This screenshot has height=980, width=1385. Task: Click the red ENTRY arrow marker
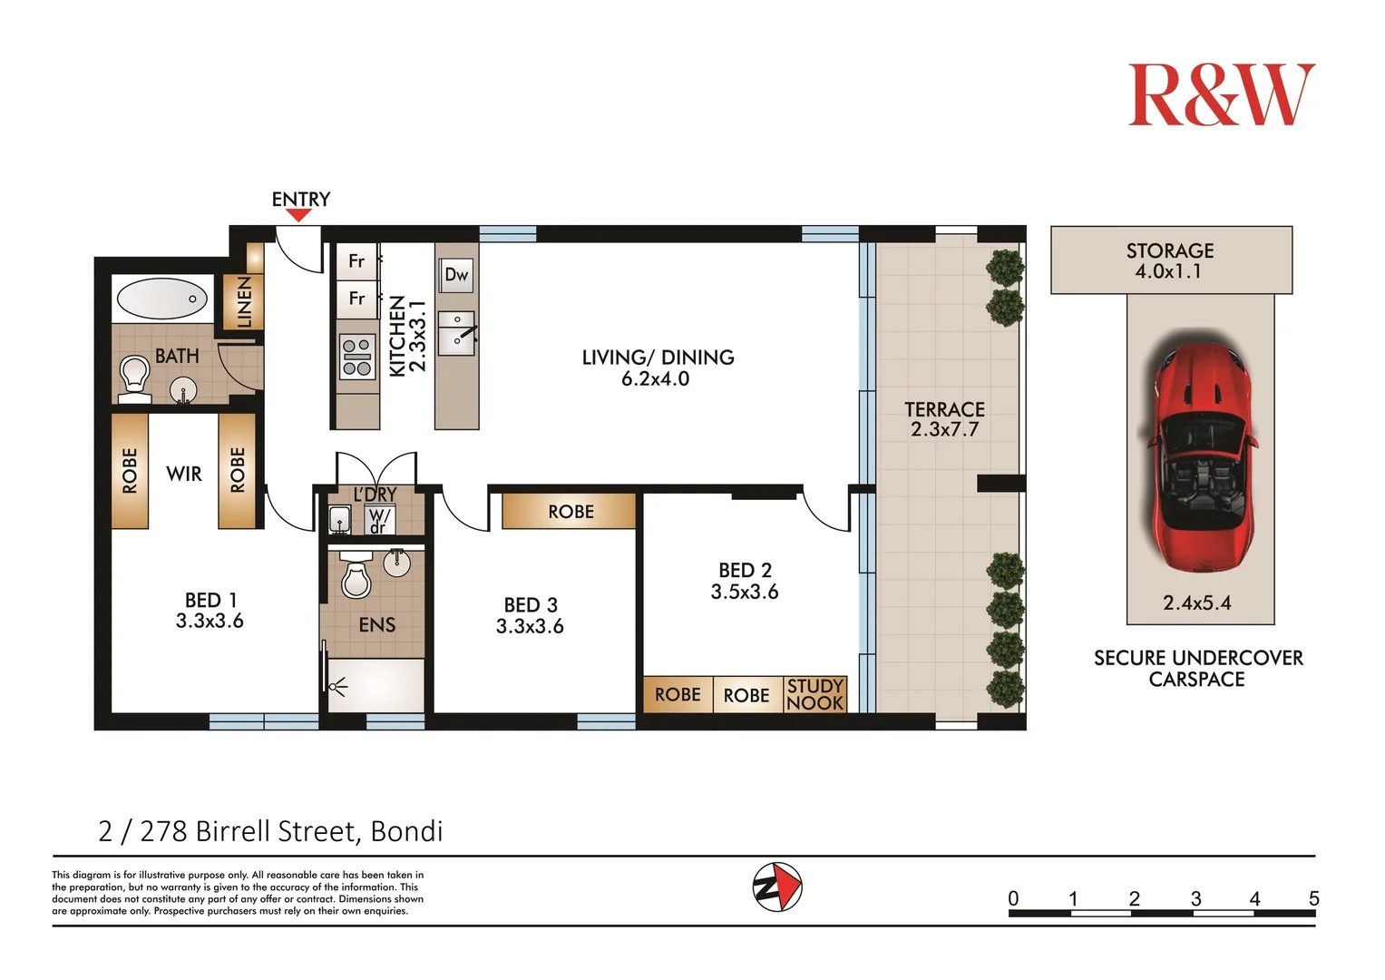[x=299, y=215]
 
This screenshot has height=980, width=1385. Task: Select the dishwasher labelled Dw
[x=456, y=275]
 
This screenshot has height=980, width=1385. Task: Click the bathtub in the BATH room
[x=162, y=299]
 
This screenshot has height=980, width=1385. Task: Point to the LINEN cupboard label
[x=244, y=302]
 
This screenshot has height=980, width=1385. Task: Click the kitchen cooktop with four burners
[x=356, y=357]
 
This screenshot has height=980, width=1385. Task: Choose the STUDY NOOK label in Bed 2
[x=814, y=694]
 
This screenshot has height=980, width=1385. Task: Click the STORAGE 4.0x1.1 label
[x=1170, y=260]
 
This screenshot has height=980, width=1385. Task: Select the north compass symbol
[x=777, y=887]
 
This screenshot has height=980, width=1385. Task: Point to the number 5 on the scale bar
[x=1314, y=897]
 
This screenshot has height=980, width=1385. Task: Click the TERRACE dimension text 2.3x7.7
[x=945, y=429]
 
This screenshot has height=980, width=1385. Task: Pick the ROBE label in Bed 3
[x=571, y=512]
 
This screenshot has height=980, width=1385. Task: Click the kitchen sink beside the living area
[x=456, y=333]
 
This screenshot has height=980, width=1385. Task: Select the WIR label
[x=183, y=474]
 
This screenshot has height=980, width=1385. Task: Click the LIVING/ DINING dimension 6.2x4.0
[x=656, y=378]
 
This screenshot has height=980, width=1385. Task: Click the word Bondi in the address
[x=407, y=831]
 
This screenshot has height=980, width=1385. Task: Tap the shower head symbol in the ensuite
[x=337, y=686]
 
